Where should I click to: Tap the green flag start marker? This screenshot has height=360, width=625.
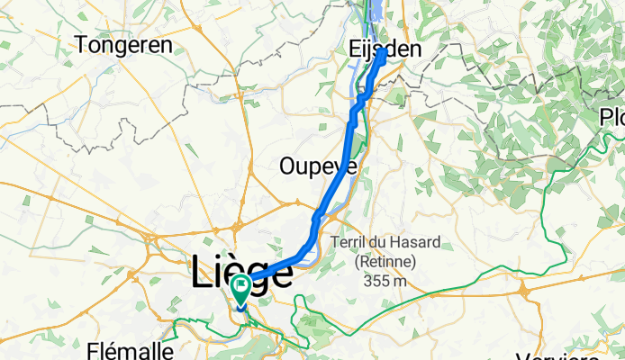point(242,289)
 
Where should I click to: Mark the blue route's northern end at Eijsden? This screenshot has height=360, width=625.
point(384,51)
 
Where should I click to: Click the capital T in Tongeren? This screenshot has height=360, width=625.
point(84,43)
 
